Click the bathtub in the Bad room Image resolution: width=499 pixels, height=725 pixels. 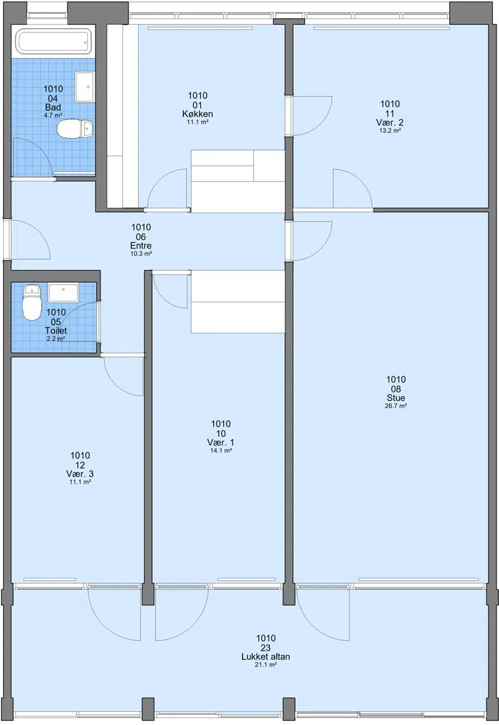click(x=55, y=41)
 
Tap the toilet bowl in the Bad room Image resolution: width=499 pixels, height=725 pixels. click(x=75, y=129)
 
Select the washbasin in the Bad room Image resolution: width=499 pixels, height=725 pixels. click(x=85, y=87)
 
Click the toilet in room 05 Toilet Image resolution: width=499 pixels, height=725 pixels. click(x=32, y=303)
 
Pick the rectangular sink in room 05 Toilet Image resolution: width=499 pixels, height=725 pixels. click(x=64, y=293)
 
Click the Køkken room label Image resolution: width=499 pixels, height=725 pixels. click(x=198, y=114)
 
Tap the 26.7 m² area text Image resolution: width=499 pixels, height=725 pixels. click(x=396, y=406)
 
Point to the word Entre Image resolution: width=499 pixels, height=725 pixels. click(x=141, y=246)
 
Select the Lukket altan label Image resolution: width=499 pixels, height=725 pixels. click(x=266, y=656)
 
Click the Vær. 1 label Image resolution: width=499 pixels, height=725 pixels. click(x=221, y=442)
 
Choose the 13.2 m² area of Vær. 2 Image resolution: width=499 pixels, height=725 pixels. click(x=390, y=130)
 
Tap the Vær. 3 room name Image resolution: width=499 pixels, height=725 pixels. click(x=80, y=474)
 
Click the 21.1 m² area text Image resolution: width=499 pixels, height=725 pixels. click(x=266, y=665)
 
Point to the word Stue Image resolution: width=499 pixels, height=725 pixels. click(x=396, y=397)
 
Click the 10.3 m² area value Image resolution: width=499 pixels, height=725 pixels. click(x=141, y=254)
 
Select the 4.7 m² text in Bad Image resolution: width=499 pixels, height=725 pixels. click(x=53, y=115)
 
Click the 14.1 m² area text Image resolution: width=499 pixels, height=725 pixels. click(x=221, y=450)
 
